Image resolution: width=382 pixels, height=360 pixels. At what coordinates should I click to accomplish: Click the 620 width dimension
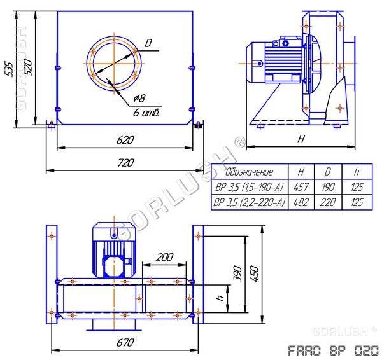coord(125,140)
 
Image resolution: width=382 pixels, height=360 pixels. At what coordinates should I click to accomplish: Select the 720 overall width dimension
coord(125,163)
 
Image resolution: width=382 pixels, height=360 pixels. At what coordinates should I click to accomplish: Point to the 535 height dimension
coord(9,69)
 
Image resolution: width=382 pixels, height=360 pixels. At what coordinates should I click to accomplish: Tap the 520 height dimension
coord(28,67)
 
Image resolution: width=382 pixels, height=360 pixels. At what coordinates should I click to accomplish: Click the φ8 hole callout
coord(139,98)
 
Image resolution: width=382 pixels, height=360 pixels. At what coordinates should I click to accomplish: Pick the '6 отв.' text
coord(146,113)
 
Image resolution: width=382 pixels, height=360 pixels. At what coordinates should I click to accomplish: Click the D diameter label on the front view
coord(148,43)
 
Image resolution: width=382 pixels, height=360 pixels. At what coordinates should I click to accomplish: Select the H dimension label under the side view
coord(301,139)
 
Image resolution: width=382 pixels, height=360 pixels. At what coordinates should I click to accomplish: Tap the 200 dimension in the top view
coord(164,257)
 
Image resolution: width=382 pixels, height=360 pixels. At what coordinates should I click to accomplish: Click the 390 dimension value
coord(238,274)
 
